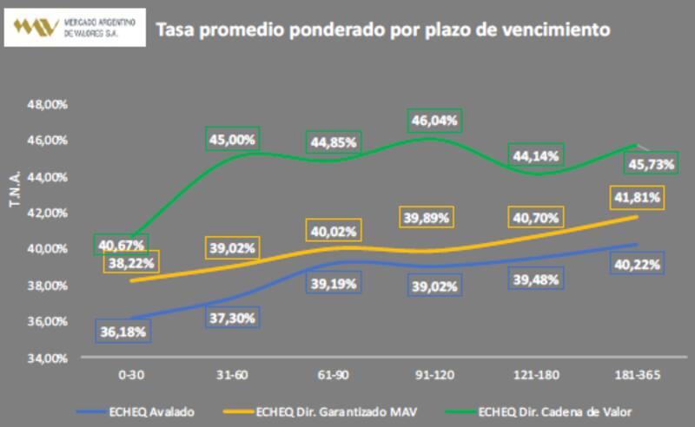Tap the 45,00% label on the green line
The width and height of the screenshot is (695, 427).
231,138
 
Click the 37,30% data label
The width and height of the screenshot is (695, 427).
232,319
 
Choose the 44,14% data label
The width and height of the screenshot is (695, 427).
537,155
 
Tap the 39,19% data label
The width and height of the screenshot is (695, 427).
334,285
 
